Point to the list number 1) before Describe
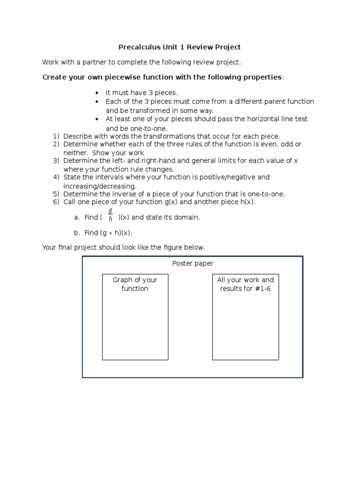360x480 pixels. (56, 136)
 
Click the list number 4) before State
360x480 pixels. (56, 177)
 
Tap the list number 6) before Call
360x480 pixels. (56, 202)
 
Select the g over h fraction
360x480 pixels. (111, 215)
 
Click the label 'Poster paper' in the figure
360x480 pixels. (193, 264)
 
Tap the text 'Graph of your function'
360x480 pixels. (135, 284)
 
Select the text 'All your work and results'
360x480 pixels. (245, 284)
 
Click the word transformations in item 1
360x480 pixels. (155, 136)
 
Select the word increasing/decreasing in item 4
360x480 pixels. (100, 186)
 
